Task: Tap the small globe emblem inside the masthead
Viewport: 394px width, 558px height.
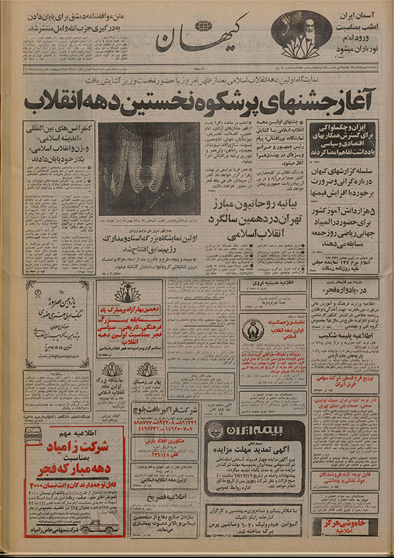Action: [204, 26]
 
